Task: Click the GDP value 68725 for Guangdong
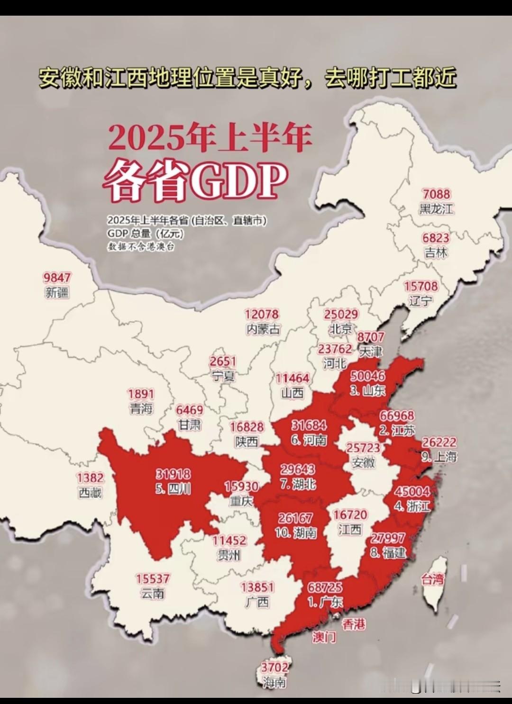(325, 587)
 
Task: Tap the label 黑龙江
(436, 208)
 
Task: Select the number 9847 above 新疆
(57, 278)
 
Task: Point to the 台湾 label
(433, 579)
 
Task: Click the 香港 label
(354, 624)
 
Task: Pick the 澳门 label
(324, 637)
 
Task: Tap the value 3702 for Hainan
(274, 668)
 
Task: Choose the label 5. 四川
(173, 488)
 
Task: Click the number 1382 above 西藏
(90, 478)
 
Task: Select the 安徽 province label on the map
(364, 462)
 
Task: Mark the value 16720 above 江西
(350, 515)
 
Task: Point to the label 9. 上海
(439, 457)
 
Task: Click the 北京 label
(341, 328)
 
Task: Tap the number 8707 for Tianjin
(371, 337)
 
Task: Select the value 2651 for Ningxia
(223, 361)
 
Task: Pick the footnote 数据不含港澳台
(140, 247)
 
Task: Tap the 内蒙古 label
(263, 329)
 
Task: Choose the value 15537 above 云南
(153, 578)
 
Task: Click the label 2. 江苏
(397, 430)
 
